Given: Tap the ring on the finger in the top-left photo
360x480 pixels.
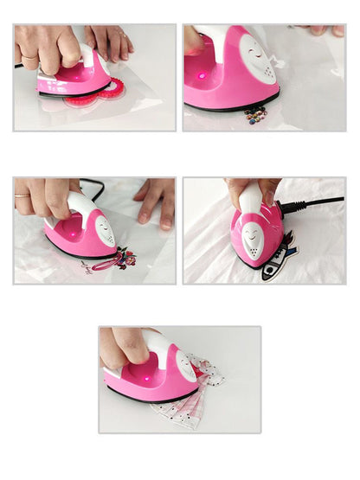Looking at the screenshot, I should click(28, 57).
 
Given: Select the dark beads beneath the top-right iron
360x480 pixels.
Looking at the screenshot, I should click(255, 112).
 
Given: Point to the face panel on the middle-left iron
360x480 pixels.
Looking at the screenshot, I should click(105, 230).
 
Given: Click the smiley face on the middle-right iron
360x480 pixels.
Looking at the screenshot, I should click(254, 238).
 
